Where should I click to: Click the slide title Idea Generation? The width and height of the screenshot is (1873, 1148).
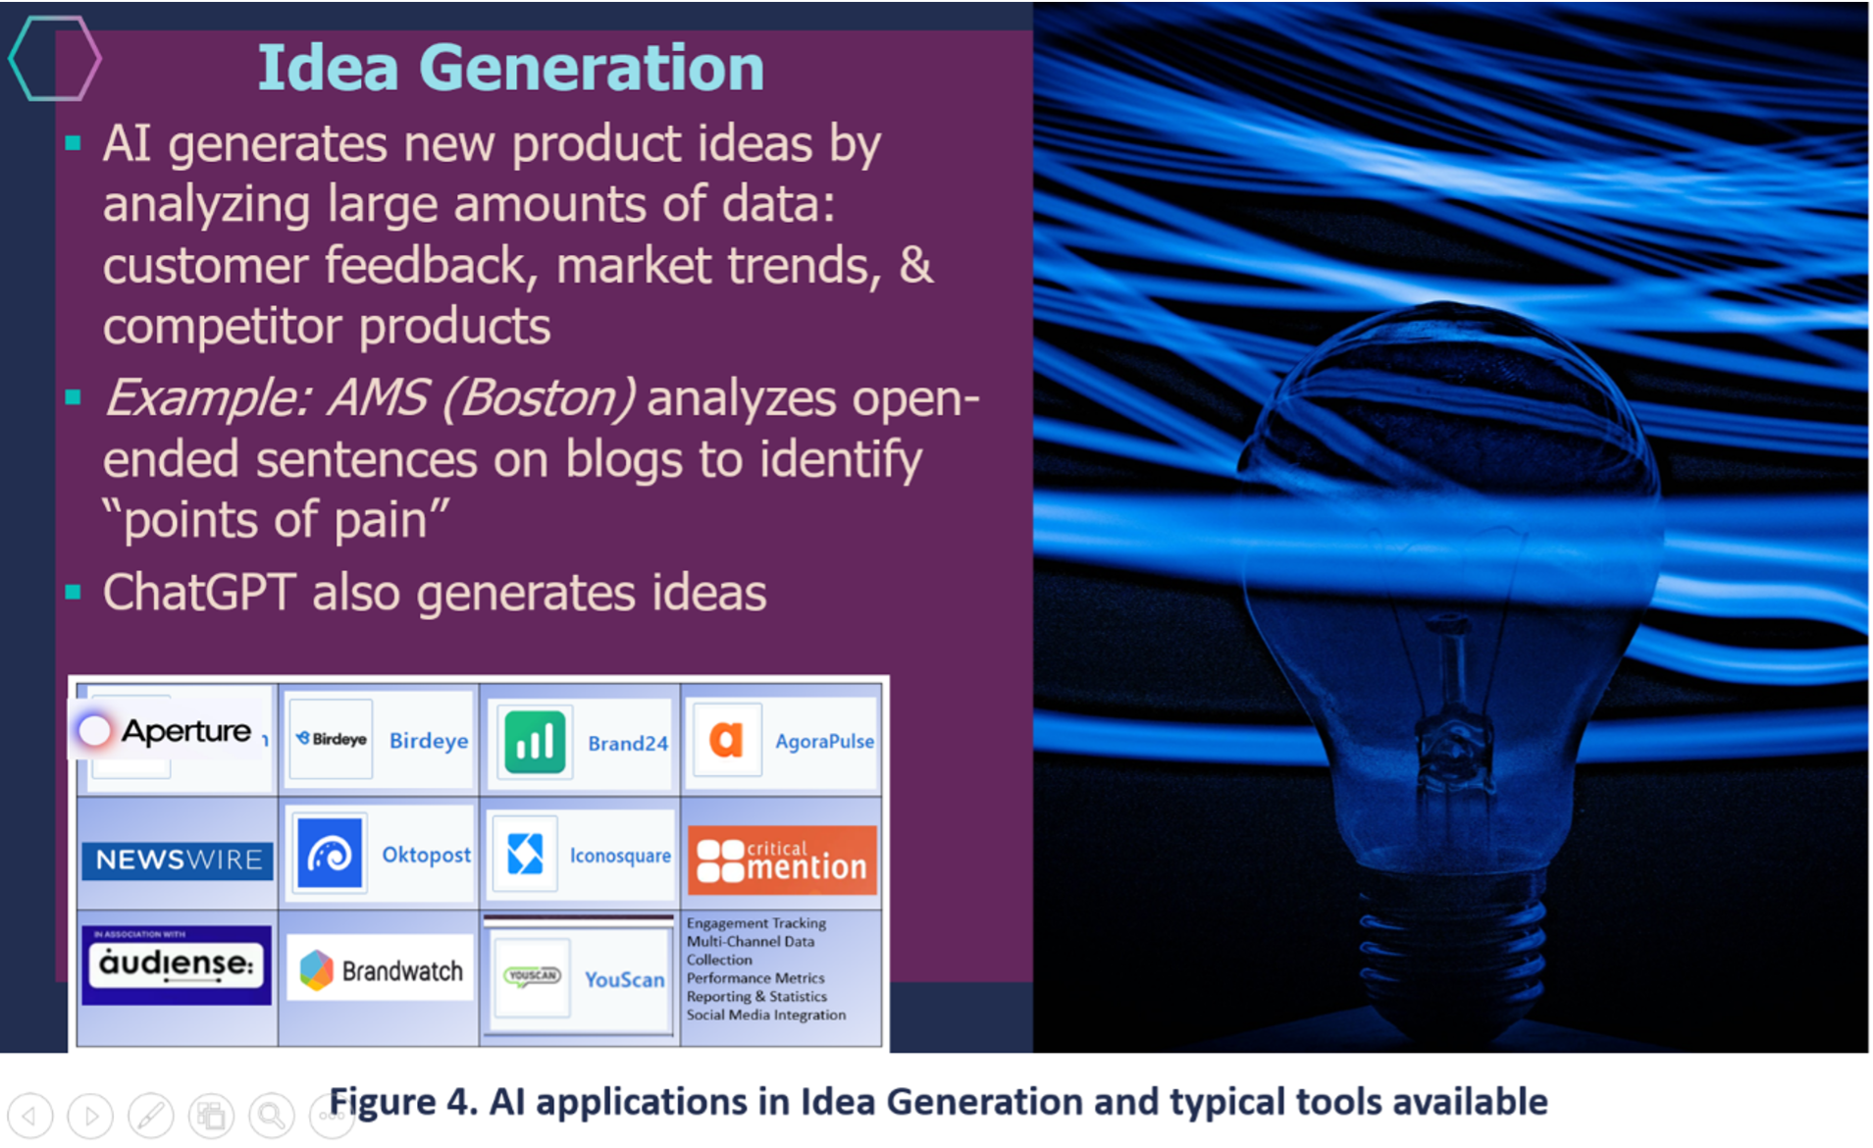[510, 68]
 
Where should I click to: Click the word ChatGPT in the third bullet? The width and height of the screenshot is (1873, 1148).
[198, 593]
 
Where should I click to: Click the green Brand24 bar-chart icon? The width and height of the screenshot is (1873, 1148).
[535, 742]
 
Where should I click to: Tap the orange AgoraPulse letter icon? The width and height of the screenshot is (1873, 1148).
[725, 740]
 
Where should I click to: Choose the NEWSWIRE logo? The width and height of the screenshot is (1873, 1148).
[178, 860]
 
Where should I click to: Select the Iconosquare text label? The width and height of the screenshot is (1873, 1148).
[620, 856]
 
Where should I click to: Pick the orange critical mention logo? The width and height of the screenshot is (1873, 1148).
[782, 860]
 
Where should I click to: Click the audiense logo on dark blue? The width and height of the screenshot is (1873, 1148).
[177, 965]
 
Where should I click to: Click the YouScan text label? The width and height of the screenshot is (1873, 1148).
[625, 979]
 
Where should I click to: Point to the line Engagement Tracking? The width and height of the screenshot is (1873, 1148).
[756, 923]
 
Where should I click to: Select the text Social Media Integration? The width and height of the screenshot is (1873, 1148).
[766, 1015]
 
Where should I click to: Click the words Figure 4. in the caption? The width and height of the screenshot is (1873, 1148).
[403, 1102]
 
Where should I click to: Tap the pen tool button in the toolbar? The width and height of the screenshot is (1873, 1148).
[151, 1116]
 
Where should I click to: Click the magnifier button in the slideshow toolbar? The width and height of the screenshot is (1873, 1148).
[272, 1116]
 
